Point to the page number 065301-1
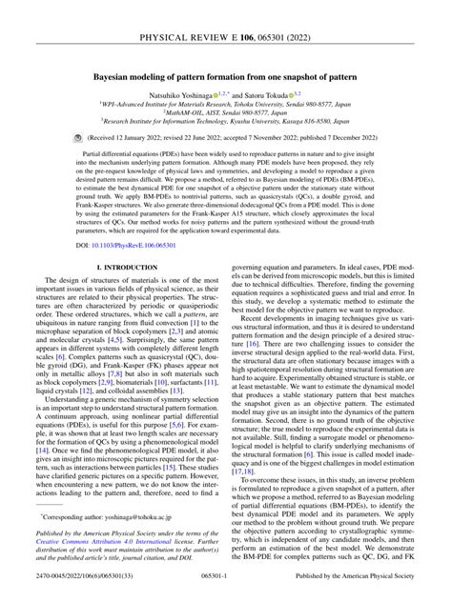pos(226,592)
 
